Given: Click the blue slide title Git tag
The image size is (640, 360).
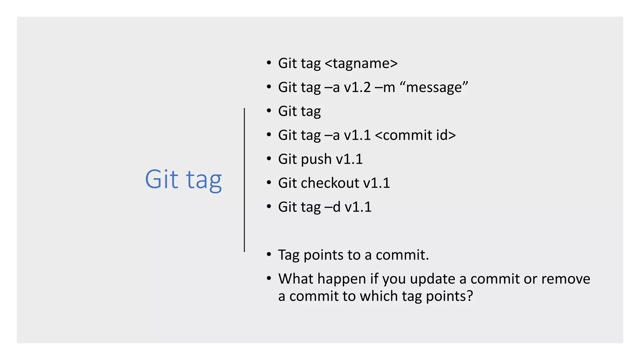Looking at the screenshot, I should [x=183, y=179].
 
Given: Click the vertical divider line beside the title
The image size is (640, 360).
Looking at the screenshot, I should [x=244, y=180].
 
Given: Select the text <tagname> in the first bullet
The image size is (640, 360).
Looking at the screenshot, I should [x=361, y=63].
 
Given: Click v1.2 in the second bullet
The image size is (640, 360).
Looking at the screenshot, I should [x=357, y=87].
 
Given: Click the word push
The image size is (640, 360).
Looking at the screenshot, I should [x=316, y=159].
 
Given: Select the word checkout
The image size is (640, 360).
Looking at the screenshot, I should [x=330, y=183].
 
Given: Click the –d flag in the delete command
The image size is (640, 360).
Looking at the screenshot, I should [x=332, y=207].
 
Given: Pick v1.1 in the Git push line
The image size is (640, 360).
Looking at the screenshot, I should [x=349, y=159].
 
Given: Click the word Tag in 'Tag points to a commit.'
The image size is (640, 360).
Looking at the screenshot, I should [x=288, y=255].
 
